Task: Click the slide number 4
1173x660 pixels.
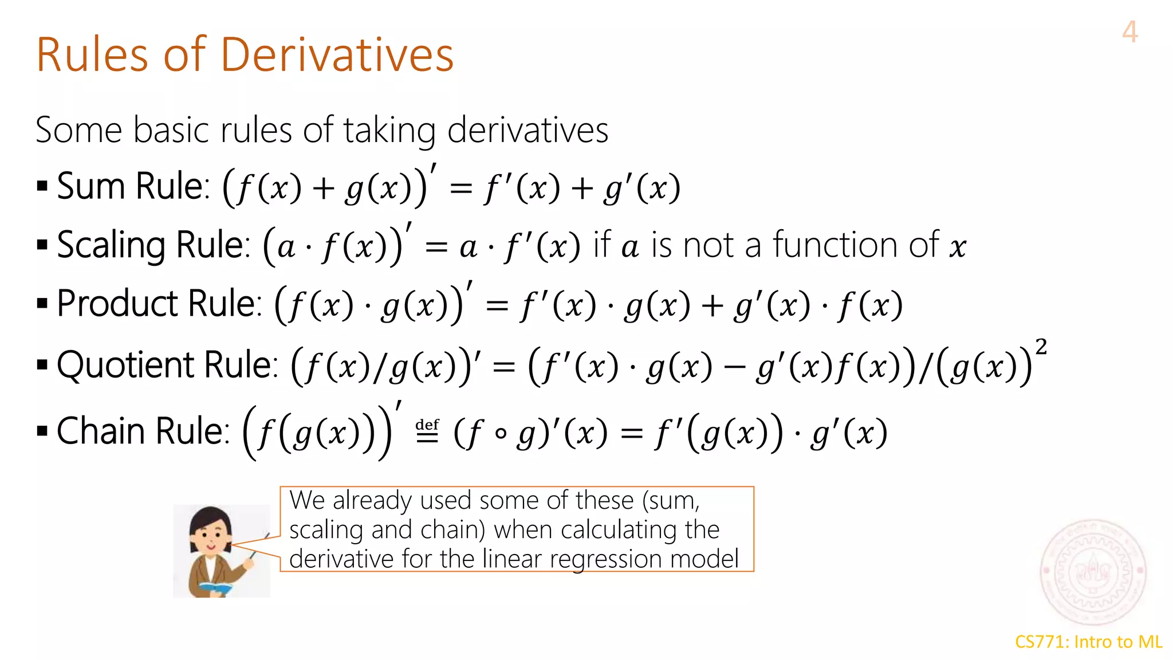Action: tap(1129, 32)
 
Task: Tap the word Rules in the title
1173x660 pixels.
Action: tap(92, 55)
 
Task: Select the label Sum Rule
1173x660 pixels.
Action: tap(133, 186)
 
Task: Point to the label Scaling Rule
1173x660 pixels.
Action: tap(153, 245)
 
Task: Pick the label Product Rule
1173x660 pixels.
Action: tap(159, 304)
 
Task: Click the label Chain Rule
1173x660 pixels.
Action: tap(143, 431)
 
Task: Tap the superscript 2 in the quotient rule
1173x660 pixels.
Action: tap(1041, 347)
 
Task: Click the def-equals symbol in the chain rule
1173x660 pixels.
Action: tap(427, 431)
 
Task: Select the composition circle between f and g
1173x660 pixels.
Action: tap(501, 434)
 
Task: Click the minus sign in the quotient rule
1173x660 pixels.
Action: tap(734, 367)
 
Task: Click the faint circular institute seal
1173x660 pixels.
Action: tap(1093, 572)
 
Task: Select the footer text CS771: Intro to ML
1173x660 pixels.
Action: tap(1088, 642)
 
